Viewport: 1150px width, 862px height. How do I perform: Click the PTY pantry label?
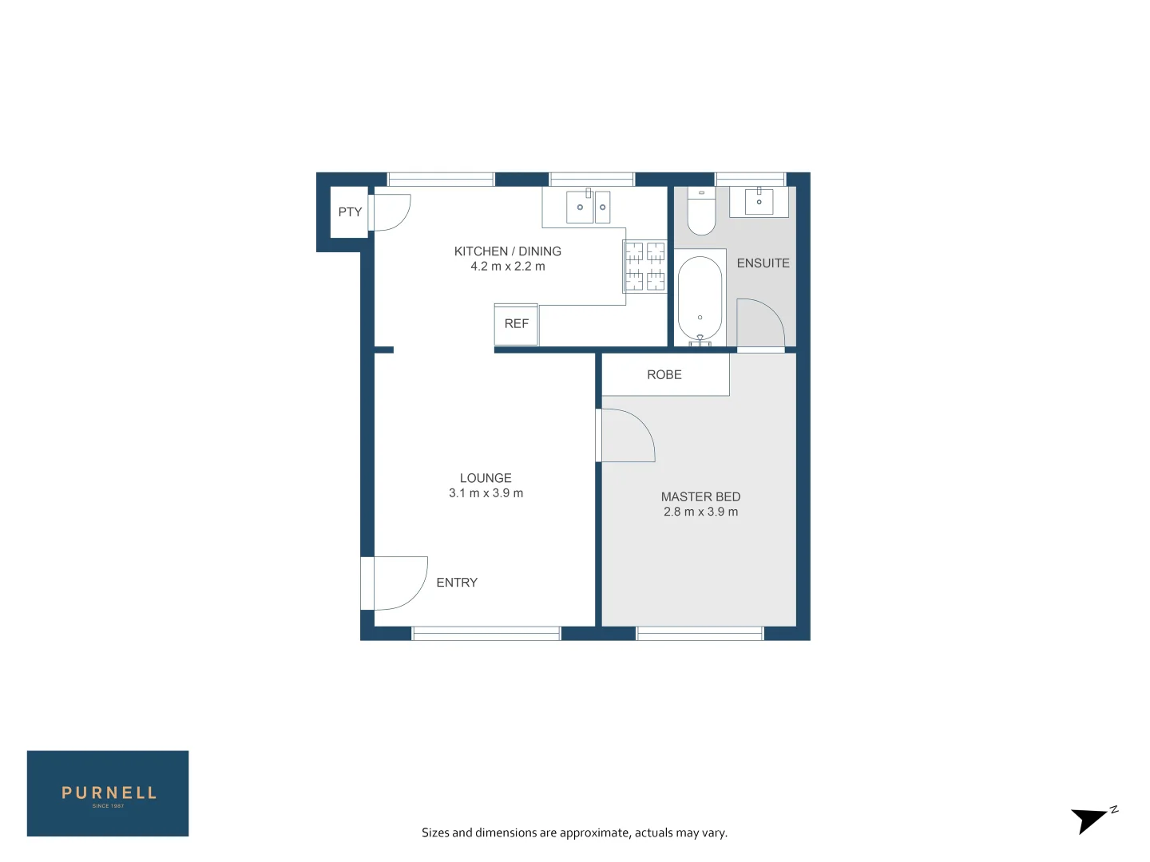coord(350,212)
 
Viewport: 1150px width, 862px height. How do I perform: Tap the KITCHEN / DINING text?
coord(507,251)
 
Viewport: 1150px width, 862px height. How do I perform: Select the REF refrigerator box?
coord(516,324)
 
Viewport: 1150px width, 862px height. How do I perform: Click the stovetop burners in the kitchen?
coord(644,267)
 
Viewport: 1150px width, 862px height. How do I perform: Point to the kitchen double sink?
coord(589,208)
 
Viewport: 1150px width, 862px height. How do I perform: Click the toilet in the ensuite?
coord(701,212)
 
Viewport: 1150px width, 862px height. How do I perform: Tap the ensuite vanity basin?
coord(759,202)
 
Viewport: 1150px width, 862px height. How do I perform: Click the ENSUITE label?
coord(763,263)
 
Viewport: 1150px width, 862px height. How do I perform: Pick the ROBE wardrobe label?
coord(664,375)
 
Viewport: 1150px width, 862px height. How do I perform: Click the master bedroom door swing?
coord(627,435)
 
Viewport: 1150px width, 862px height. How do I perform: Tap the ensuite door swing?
coord(759,323)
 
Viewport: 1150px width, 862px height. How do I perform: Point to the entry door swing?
coord(399,583)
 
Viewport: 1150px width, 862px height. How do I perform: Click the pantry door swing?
coord(390,212)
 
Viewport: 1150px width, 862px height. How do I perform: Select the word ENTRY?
coord(457,583)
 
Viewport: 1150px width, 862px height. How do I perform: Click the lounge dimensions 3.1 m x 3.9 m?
coord(486,493)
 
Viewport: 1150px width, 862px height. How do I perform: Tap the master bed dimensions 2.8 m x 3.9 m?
coord(700,512)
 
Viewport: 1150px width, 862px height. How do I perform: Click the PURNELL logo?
coord(108,793)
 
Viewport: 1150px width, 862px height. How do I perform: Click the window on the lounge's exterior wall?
coord(486,634)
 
